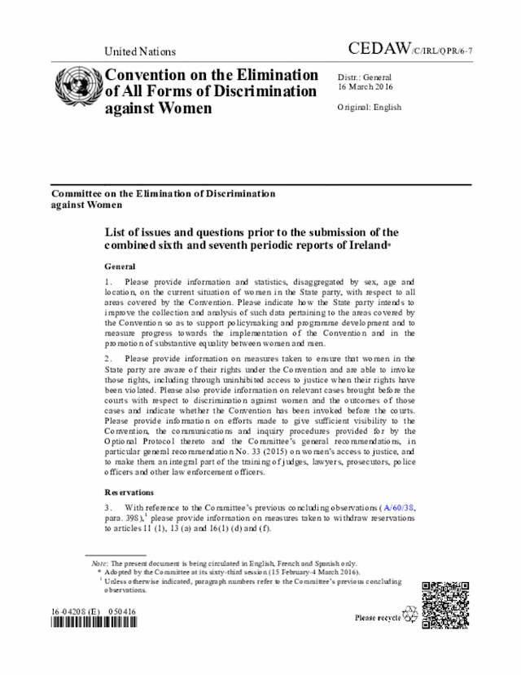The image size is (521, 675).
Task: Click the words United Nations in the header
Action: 140,51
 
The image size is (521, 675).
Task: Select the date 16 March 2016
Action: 365,86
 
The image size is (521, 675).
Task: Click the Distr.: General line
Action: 365,77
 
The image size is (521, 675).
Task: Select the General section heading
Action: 120,267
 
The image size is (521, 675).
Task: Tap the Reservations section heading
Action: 130,492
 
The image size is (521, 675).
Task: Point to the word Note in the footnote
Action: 99,562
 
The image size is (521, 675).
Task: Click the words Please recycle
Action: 377,618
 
